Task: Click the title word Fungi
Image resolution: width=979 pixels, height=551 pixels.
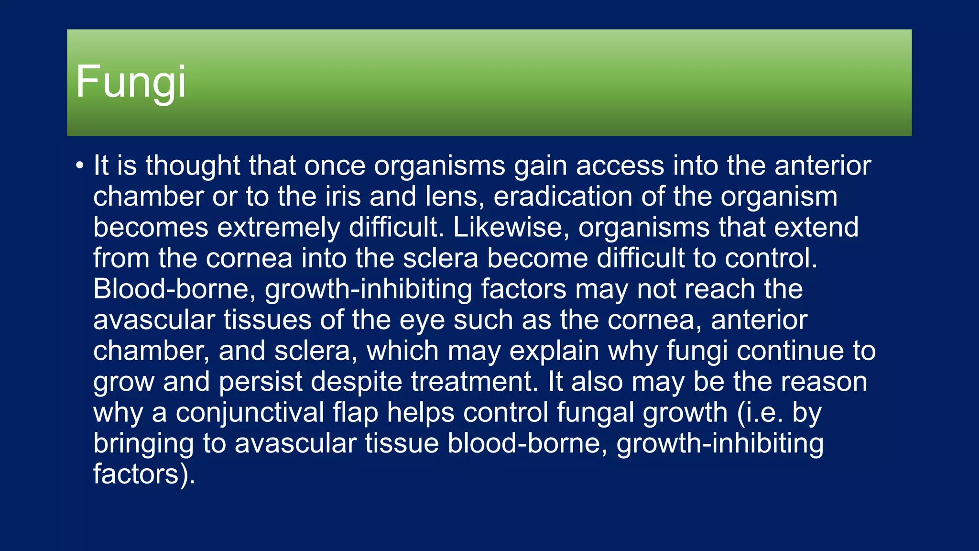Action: [x=131, y=82]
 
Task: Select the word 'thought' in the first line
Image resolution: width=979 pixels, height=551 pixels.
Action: [x=193, y=165]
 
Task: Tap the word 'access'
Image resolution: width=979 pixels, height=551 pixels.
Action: [x=620, y=165]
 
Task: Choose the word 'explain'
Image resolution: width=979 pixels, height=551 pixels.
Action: [x=554, y=351]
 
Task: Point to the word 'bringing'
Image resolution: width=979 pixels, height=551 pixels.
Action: [x=143, y=443]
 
